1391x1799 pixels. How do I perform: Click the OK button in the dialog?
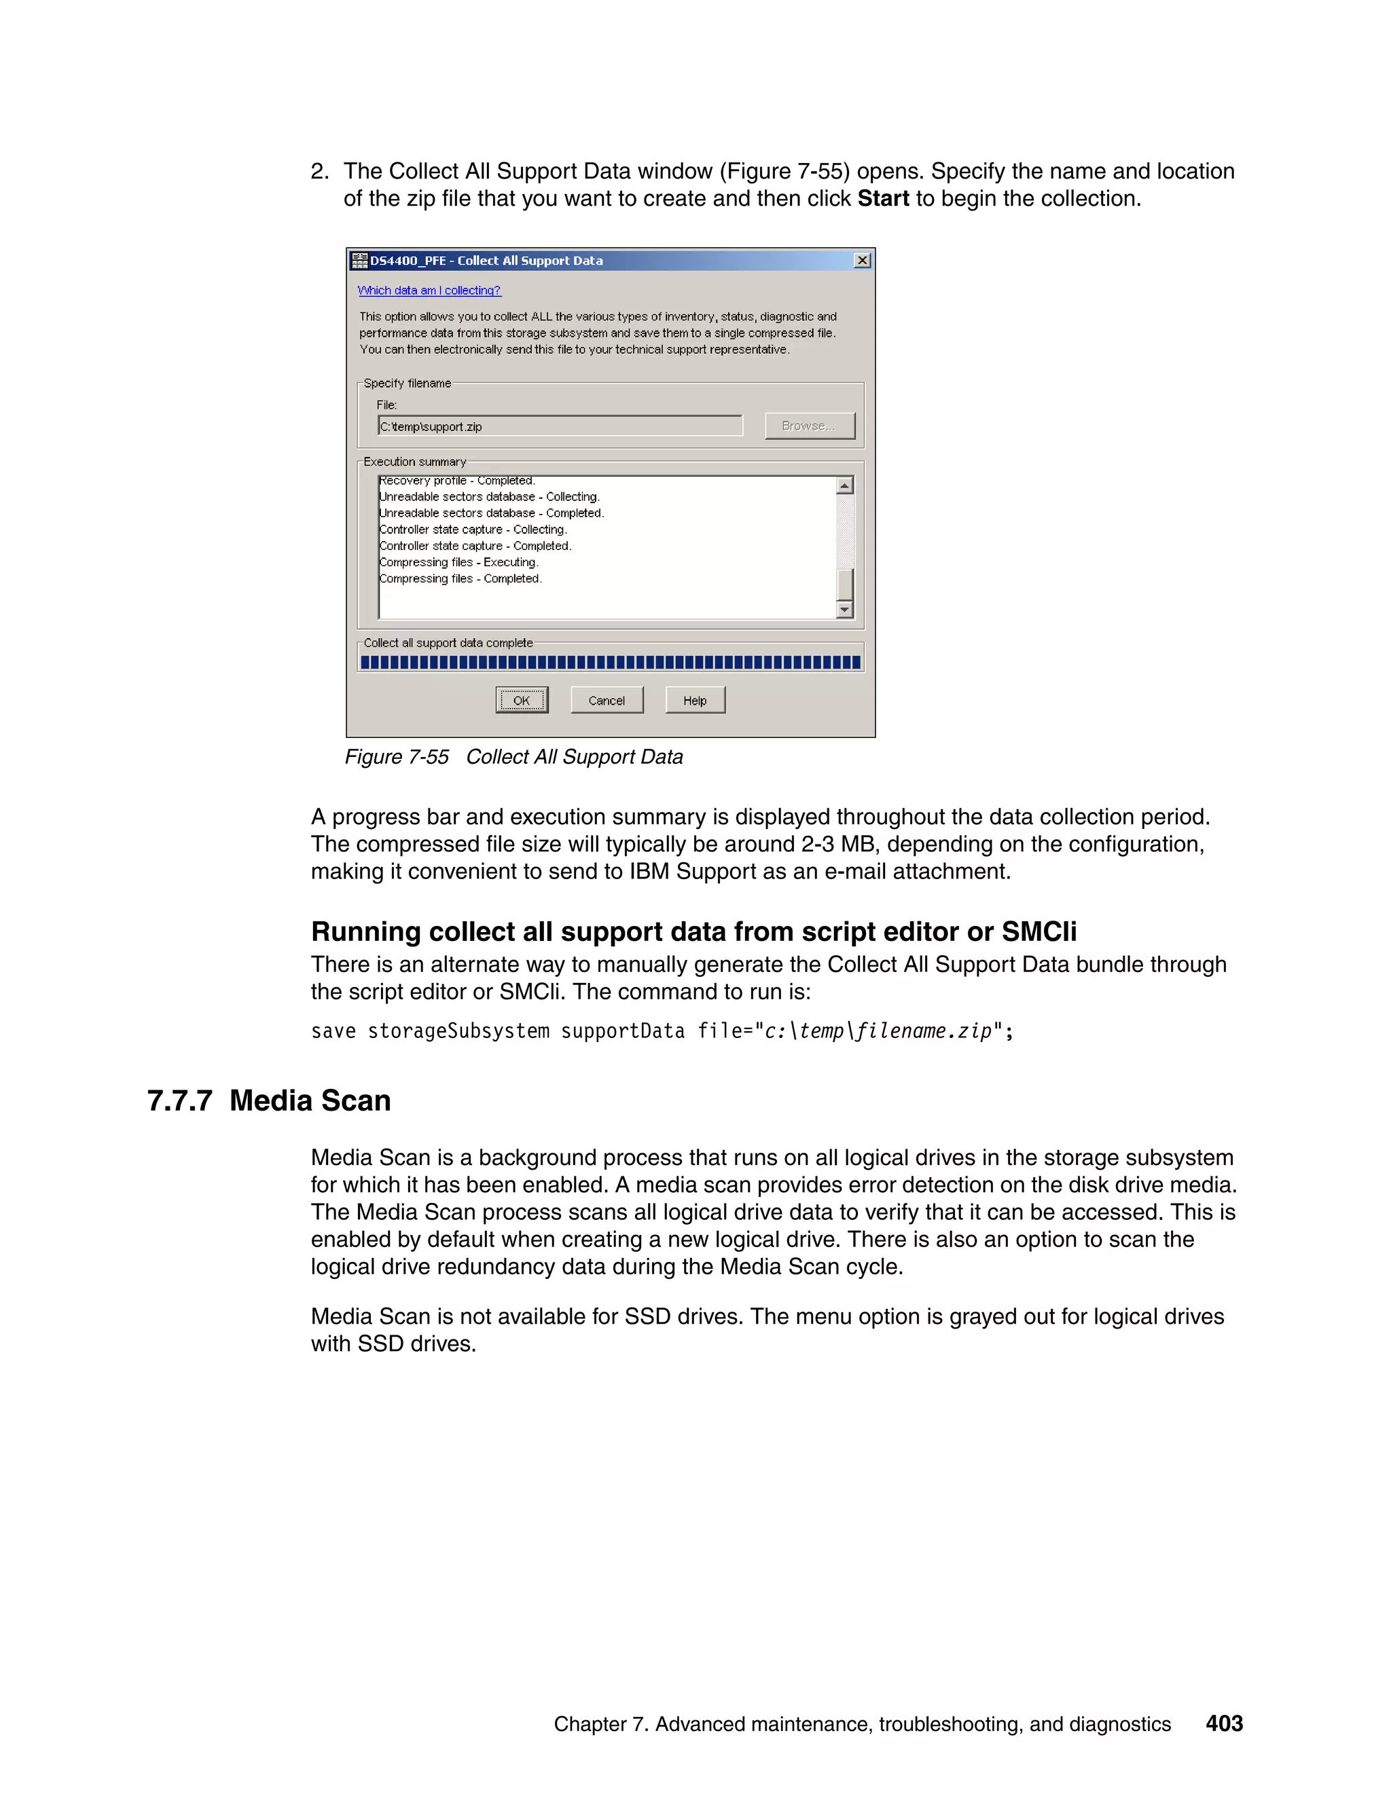[x=522, y=700]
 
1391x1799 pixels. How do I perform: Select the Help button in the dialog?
[x=695, y=700]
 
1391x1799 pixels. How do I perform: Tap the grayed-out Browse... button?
[x=809, y=426]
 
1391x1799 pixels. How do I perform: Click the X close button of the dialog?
[x=862, y=260]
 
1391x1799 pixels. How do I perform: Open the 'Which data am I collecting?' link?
[x=429, y=291]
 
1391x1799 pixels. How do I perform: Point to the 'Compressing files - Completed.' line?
[x=460, y=579]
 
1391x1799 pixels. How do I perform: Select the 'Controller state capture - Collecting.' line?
[x=473, y=530]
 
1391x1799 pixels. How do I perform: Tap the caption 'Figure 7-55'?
[x=397, y=757]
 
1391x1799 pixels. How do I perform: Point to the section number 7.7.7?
[x=179, y=1101]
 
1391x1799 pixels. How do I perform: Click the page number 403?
[x=1224, y=1723]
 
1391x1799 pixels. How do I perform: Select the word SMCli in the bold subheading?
[x=1038, y=931]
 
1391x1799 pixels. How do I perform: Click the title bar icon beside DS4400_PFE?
[x=359, y=260]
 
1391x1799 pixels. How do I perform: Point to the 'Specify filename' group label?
[x=407, y=384]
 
